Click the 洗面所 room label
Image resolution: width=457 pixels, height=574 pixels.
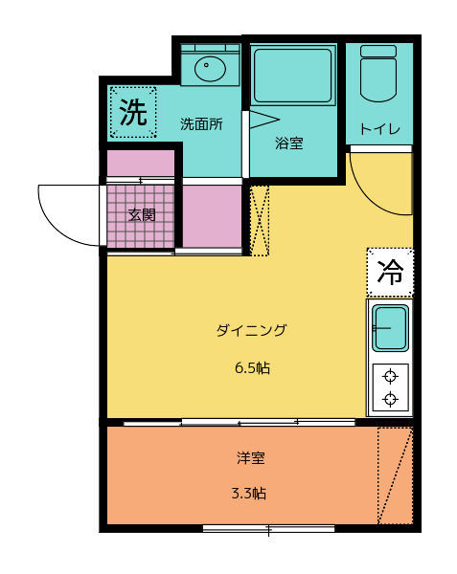point(201,124)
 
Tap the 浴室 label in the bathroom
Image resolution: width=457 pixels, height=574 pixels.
point(288,143)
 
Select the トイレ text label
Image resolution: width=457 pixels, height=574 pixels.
point(379,129)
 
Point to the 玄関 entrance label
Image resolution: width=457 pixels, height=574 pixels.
point(142,215)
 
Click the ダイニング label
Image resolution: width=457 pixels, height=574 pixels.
point(251,330)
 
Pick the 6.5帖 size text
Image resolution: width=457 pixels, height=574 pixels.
point(252,367)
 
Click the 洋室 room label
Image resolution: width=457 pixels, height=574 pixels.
point(251,457)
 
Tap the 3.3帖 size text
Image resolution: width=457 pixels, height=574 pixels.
point(249,493)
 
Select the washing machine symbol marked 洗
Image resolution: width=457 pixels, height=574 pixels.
point(133,112)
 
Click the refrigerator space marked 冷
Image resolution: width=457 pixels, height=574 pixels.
point(390,273)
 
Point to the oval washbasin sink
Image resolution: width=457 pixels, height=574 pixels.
point(210,69)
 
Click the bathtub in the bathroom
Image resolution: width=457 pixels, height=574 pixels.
point(293,76)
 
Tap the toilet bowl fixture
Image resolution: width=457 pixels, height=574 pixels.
point(378,74)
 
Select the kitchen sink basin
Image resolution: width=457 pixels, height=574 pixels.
point(390,327)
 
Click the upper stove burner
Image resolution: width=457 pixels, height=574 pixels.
point(390,376)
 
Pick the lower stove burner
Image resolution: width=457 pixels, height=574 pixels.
point(390,399)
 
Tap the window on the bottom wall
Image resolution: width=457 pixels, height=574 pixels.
point(268,529)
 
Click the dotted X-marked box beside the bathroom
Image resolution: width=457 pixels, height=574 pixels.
point(260,221)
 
